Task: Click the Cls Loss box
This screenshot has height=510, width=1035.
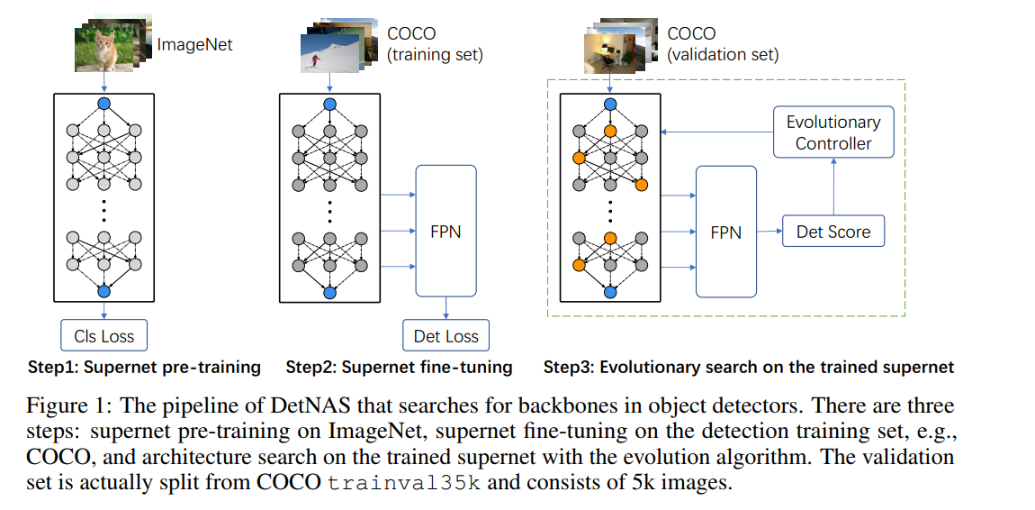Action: pos(103,336)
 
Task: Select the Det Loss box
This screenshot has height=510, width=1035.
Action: pos(445,337)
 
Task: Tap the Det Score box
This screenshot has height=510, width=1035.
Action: pos(833,232)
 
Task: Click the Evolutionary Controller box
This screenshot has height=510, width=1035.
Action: pos(833,132)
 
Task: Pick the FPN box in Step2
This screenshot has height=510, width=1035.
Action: pos(445,231)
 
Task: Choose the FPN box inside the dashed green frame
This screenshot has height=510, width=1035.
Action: pos(726,232)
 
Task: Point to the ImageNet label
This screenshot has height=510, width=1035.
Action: pos(194,42)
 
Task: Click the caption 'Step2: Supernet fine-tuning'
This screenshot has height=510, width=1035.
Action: pos(399,368)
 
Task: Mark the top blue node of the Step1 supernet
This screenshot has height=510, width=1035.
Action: pos(103,104)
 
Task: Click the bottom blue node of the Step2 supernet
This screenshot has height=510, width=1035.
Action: pos(329,292)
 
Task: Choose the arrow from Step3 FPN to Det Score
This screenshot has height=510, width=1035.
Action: pos(769,232)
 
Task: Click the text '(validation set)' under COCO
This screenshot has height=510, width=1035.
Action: pos(723,55)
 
